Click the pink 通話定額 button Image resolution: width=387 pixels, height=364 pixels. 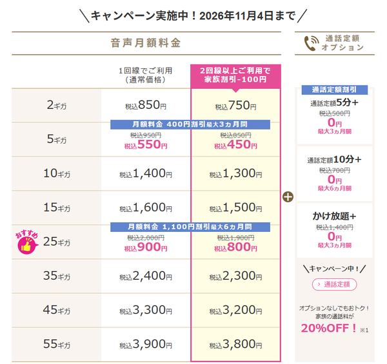pos(334,285)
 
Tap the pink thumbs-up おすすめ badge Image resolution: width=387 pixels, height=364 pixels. pos(27,242)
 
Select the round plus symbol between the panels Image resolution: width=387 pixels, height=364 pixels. pos(288,197)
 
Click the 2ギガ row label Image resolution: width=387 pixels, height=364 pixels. pos(57,106)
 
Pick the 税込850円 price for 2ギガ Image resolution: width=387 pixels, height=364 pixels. pos(146,106)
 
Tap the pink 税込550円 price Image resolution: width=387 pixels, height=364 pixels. pos(146,145)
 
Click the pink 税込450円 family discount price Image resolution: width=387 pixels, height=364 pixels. pos(235,145)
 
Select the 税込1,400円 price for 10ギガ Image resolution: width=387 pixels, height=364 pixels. pos(146,173)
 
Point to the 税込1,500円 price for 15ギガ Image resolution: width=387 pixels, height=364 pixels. pos(235,207)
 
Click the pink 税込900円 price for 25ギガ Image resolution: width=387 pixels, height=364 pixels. pos(146,247)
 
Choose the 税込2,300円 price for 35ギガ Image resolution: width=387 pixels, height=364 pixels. pos(235,276)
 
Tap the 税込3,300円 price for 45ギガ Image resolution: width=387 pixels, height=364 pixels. pos(146,311)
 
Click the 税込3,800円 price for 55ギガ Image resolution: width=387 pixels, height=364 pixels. pos(235,344)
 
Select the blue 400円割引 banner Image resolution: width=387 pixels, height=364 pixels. pos(190,124)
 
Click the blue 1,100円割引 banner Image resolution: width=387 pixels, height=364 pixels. pos(190,227)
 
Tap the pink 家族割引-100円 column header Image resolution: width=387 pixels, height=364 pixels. pos(235,76)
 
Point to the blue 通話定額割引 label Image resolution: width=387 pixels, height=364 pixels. pos(334,90)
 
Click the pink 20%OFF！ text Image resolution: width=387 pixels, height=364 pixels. pos(329,329)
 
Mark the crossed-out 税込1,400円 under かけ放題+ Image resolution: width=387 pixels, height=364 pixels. pos(334,227)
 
